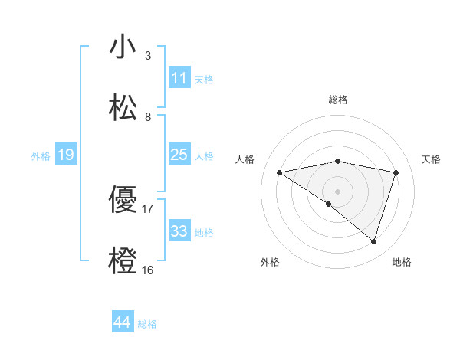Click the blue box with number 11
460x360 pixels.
pos(179,78)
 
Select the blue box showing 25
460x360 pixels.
pos(179,155)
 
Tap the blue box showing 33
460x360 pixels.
pos(179,231)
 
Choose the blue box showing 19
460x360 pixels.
pos(66,155)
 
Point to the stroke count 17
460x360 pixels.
pos(148,208)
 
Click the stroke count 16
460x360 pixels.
pos(148,270)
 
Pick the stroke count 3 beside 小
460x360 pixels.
pos(148,56)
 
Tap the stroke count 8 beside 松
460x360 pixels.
pos(148,117)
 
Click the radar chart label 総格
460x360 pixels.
pos(338,100)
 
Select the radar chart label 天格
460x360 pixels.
pos(432,159)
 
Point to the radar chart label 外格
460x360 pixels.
pos(270,263)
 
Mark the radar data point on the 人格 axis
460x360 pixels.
pos(280,172)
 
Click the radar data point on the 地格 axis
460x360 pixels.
pos(373,241)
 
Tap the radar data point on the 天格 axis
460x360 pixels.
pos(396,172)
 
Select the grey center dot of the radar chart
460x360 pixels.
pos(338,191)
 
